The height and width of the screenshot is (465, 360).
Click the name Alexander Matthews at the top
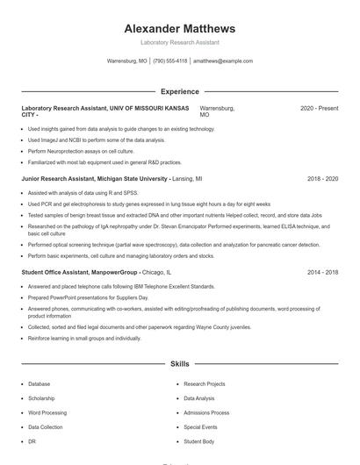[179, 28]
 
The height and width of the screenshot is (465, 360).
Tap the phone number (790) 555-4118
[170, 61]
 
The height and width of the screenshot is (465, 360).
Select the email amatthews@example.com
[223, 61]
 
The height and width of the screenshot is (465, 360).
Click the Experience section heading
[179, 91]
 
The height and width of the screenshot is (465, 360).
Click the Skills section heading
[179, 362]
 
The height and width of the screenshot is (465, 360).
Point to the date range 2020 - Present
[319, 108]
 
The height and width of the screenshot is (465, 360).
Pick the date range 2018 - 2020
[322, 178]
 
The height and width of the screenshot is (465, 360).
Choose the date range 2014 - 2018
[322, 273]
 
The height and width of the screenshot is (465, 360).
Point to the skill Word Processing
[47, 412]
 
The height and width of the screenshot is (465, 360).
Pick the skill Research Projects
[205, 383]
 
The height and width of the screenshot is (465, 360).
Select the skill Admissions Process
[206, 412]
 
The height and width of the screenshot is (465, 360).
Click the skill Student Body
[198, 441]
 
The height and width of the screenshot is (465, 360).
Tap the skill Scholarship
[41, 398]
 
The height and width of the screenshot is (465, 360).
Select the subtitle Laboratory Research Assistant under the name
[179, 42]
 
